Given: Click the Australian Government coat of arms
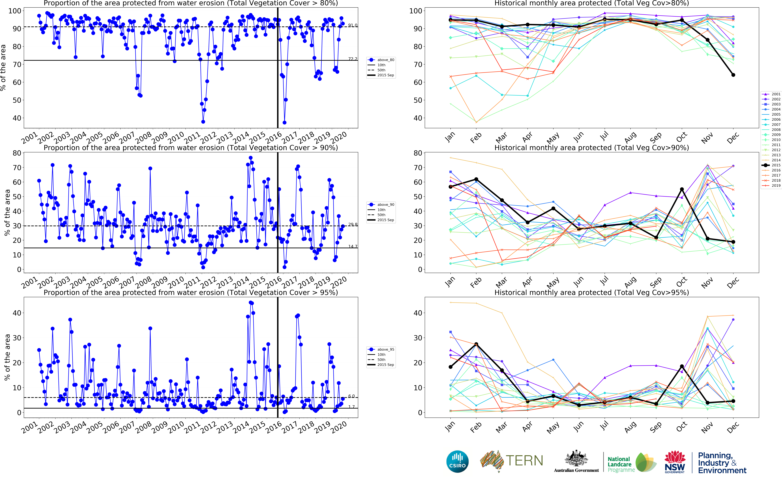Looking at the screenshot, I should [x=576, y=459].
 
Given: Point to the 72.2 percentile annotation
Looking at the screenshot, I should [x=353, y=59].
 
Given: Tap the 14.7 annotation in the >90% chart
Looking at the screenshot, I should [x=353, y=246].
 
